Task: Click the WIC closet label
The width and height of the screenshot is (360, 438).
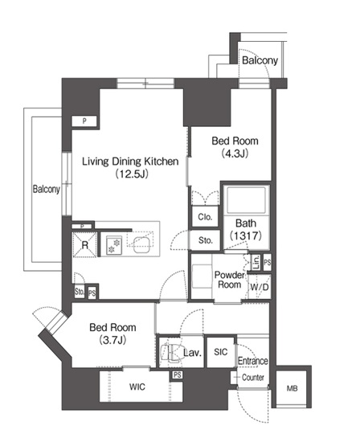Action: (x=137, y=387)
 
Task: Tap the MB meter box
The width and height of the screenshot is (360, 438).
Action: (x=292, y=388)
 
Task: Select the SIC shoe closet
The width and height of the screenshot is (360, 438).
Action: (x=220, y=352)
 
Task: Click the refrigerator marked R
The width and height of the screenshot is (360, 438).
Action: (x=84, y=244)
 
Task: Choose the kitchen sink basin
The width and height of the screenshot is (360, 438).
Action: (x=141, y=244)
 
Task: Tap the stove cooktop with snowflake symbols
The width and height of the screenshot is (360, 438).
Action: (x=114, y=245)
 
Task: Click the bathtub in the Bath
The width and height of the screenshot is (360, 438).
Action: (x=246, y=200)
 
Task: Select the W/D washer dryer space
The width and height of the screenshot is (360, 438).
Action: (x=260, y=287)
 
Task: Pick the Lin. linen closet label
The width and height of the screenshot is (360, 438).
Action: (x=256, y=262)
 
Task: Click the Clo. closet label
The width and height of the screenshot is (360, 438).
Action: (x=205, y=217)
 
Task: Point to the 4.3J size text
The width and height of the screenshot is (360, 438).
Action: (x=235, y=154)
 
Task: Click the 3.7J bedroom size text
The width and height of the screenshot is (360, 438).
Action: (x=112, y=340)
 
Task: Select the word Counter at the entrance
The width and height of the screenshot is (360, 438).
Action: (x=253, y=378)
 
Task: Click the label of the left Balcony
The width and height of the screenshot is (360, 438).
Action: (x=47, y=190)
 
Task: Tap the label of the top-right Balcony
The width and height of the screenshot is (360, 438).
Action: (x=260, y=60)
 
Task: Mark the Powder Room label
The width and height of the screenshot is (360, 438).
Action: (x=229, y=280)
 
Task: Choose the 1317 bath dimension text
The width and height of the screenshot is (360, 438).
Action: (x=246, y=235)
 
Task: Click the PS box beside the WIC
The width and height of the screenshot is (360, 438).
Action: (x=177, y=375)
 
